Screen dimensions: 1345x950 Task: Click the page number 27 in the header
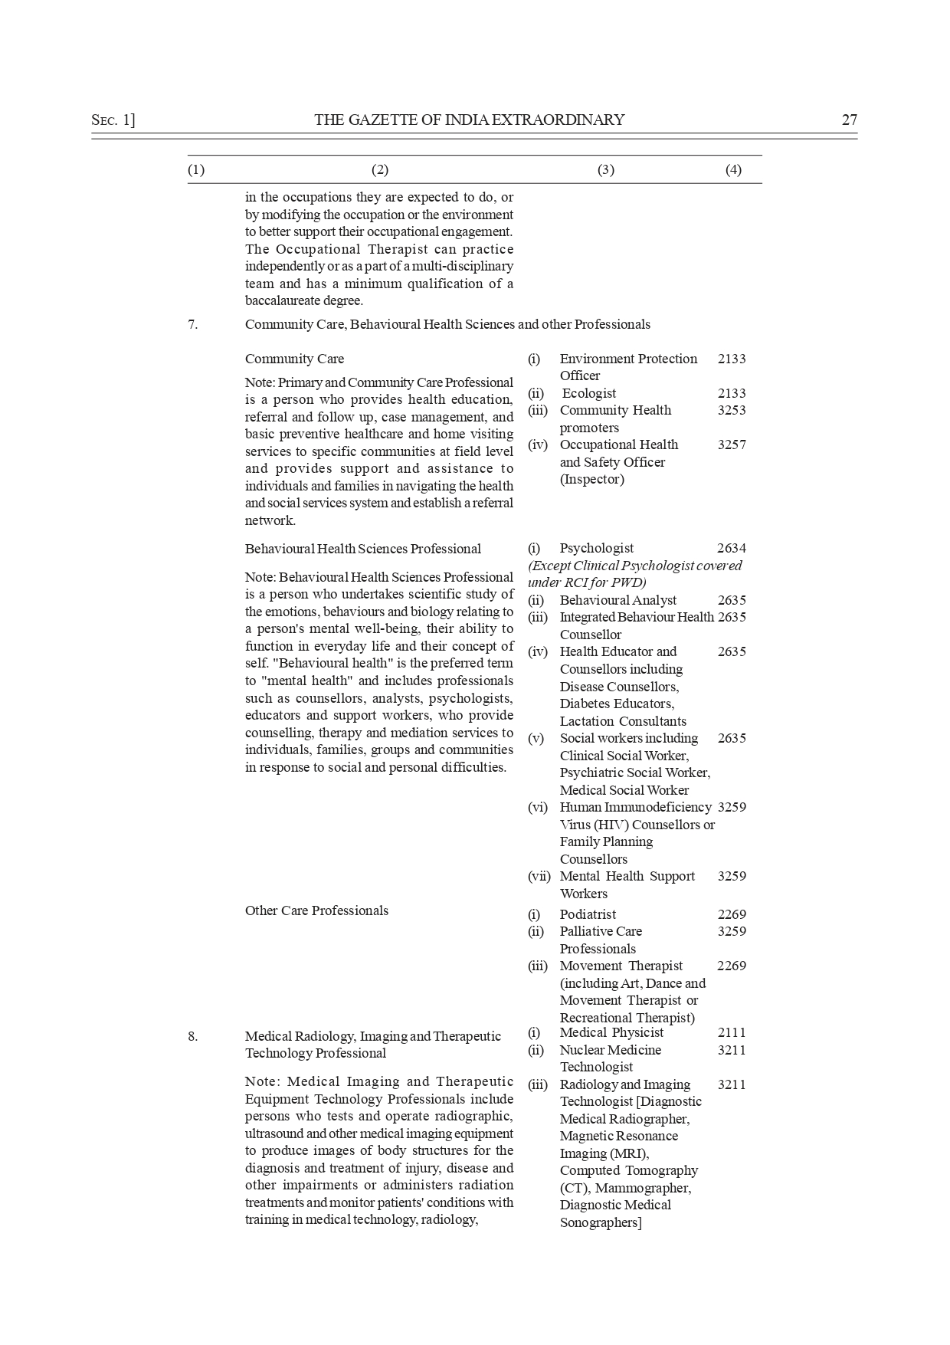[849, 120]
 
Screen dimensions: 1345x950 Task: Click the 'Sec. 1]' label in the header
[113, 120]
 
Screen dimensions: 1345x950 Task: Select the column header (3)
[605, 170]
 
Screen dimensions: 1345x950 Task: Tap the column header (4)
[733, 170]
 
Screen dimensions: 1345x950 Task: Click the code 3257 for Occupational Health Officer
[732, 445]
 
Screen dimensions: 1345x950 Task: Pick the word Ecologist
[589, 393]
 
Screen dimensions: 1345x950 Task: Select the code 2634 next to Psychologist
[732, 548]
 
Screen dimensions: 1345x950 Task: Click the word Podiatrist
[588, 914]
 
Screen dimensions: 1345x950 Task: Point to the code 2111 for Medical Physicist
[732, 1032]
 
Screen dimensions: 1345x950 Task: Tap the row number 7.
[192, 324]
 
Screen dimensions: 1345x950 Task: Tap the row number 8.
[192, 1036]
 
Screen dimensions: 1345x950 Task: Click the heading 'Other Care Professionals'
[316, 910]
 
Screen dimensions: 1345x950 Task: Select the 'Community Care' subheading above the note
[294, 359]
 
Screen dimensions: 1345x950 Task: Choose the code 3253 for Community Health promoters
[732, 410]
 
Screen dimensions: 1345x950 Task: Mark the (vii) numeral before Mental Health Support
[539, 876]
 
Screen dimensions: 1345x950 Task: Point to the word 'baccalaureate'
[283, 301]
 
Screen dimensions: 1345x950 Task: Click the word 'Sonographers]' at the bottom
[601, 1222]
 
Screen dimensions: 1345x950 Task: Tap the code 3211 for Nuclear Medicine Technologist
[732, 1050]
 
